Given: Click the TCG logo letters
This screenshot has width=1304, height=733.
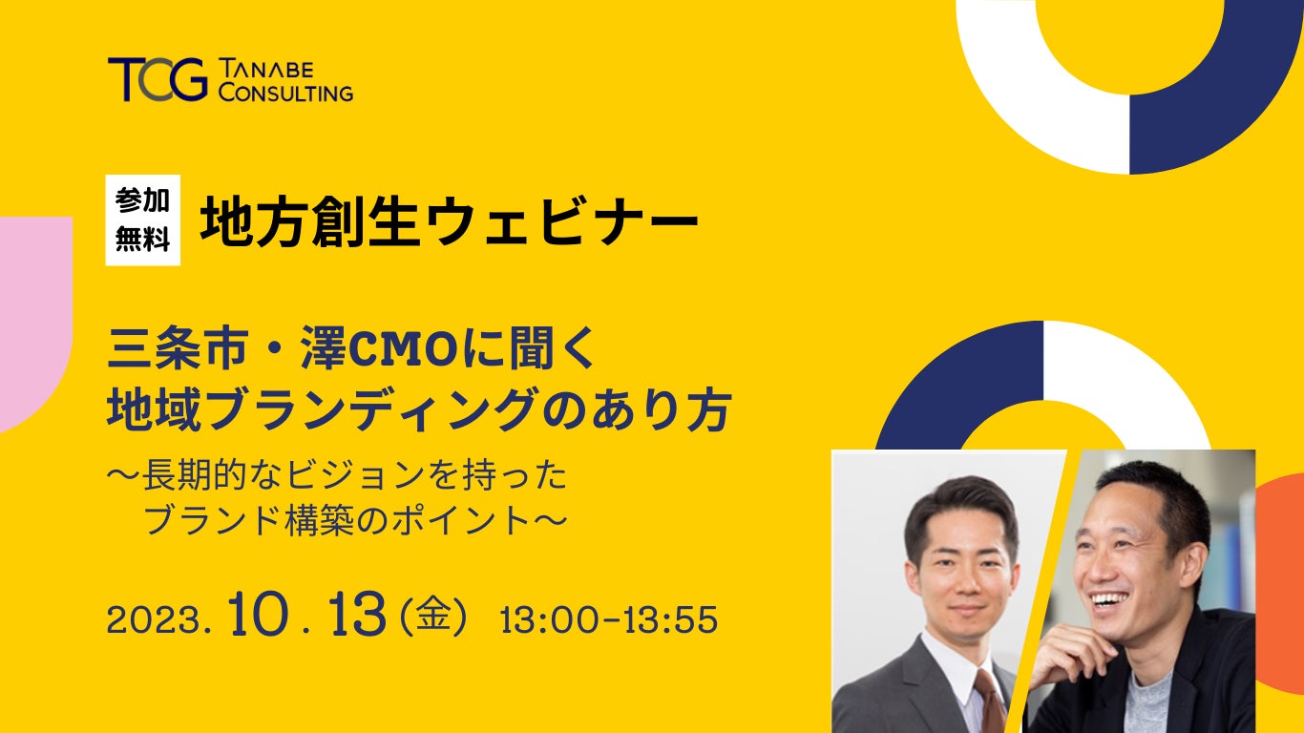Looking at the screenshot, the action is click(158, 79).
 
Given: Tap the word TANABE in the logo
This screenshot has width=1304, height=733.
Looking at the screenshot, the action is click(266, 70).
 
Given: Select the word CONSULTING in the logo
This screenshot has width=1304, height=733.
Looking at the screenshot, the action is click(285, 93).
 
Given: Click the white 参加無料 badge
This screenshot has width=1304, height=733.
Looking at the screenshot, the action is click(142, 220).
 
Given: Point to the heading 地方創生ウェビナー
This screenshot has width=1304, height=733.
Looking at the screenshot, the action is click(449, 221).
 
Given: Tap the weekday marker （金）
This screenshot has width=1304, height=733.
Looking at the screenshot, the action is click(431, 617).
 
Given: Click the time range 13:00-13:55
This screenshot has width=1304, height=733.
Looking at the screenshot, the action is click(609, 619).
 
